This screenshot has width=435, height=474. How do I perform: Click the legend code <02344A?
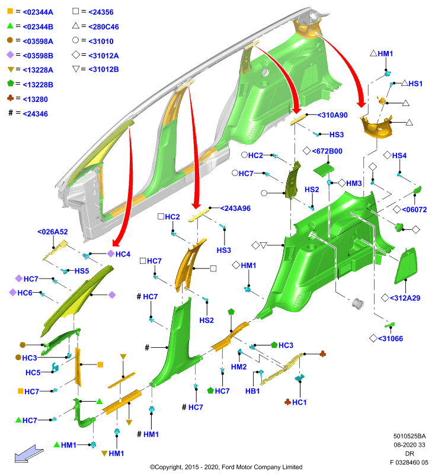point(38,12)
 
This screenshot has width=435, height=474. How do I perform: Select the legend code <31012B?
point(103,69)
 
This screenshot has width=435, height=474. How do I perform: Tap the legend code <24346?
point(35,114)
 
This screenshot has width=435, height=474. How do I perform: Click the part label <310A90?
point(332,115)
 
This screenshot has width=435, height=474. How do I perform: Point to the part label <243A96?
point(235,209)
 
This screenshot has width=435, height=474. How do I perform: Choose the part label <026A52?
point(52,232)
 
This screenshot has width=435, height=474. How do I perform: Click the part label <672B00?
point(327,151)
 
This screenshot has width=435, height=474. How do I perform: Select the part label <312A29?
point(405,298)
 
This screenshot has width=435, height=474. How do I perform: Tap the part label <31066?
point(391,338)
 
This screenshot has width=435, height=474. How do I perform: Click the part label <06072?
point(414,209)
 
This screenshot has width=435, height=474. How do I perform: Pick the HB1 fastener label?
point(252,391)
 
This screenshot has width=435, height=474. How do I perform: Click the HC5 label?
point(33,373)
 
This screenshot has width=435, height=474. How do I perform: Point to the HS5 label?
point(82,271)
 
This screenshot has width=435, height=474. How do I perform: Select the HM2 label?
point(238,367)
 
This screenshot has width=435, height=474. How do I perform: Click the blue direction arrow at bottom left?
point(29,453)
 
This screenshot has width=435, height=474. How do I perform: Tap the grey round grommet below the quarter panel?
point(357,303)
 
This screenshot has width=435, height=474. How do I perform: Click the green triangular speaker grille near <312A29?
point(406,266)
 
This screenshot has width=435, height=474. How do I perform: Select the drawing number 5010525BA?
point(410,436)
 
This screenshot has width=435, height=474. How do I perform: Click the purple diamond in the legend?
point(10,55)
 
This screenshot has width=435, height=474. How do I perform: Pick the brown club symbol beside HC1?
point(287,402)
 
